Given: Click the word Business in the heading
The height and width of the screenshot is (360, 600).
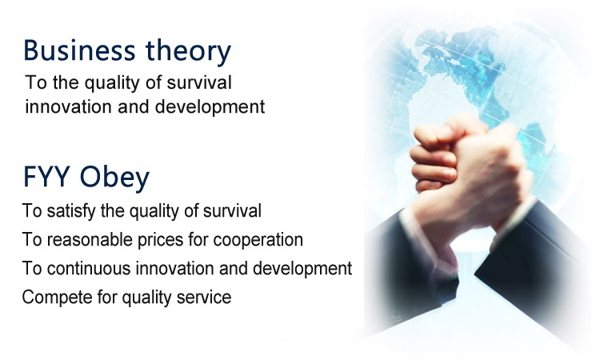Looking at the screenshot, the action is pyautogui.click(x=79, y=50).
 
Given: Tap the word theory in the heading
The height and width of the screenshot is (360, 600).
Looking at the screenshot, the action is pyautogui.click(x=188, y=52).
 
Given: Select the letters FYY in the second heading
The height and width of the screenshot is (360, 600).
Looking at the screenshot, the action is pyautogui.click(x=46, y=176).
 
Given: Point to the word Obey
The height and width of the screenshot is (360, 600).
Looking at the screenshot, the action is pyautogui.click(x=114, y=178).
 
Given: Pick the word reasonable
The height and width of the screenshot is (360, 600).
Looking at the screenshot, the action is pyautogui.click(x=90, y=240).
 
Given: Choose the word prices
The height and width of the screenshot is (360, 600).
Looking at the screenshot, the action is pyautogui.click(x=160, y=241).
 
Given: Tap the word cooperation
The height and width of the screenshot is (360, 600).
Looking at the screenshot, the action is pyautogui.click(x=258, y=241).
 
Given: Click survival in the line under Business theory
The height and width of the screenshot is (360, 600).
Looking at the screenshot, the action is pyautogui.click(x=199, y=82).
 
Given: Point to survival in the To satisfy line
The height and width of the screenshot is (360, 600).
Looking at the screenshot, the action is pyautogui.click(x=232, y=210).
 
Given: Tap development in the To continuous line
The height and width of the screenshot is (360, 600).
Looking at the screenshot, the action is pyautogui.click(x=302, y=268).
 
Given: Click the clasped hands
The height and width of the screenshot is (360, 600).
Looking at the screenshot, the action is pyautogui.click(x=470, y=172).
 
